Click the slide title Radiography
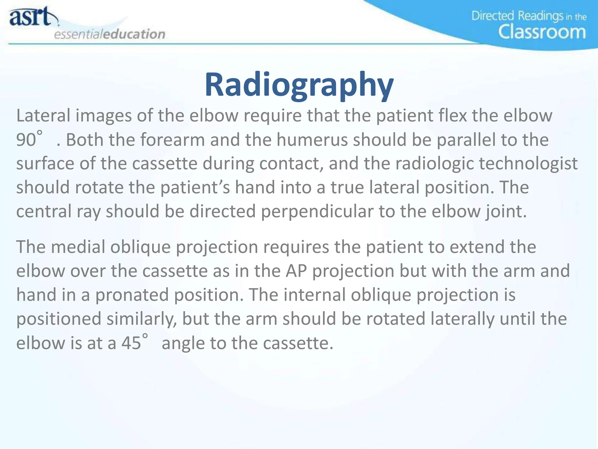pos(299,85)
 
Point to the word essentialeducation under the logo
pos(109,34)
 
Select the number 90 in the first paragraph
pos(26,140)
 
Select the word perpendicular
pos(317,211)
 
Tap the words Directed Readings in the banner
pos(517,16)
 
